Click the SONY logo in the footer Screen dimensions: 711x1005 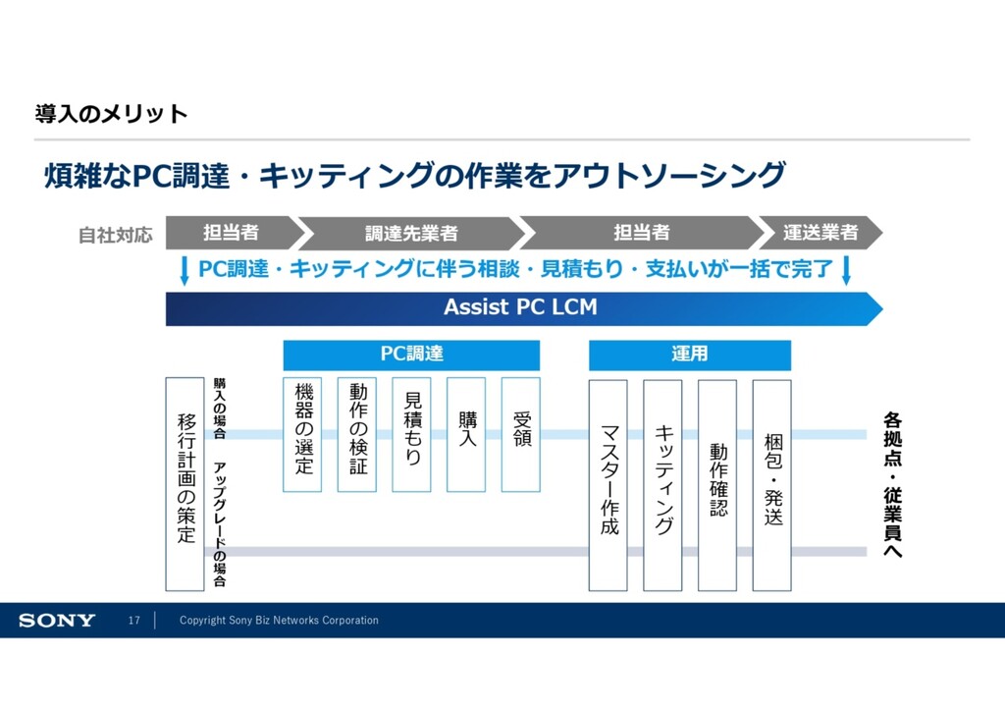(57, 621)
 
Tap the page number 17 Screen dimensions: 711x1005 (134, 621)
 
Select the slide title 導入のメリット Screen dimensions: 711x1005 (111, 114)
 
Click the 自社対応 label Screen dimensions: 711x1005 (116, 235)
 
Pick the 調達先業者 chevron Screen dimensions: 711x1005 (412, 233)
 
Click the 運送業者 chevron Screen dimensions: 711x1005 (820, 233)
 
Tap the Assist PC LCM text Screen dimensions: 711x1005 (520, 307)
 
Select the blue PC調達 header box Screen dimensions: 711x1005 (411, 355)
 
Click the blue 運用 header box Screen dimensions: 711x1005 (689, 355)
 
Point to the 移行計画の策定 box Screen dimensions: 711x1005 (185, 483)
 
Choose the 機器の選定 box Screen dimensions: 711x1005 (302, 434)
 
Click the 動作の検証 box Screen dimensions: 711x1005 (357, 434)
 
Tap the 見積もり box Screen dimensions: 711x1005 (411, 434)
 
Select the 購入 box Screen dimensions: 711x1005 (466, 434)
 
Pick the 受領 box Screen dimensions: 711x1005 (521, 434)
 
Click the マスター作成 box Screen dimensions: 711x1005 (608, 485)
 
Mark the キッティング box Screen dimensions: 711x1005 (662, 485)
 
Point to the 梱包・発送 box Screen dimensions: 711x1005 (771, 485)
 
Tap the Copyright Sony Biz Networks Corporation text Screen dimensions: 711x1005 (279, 621)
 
